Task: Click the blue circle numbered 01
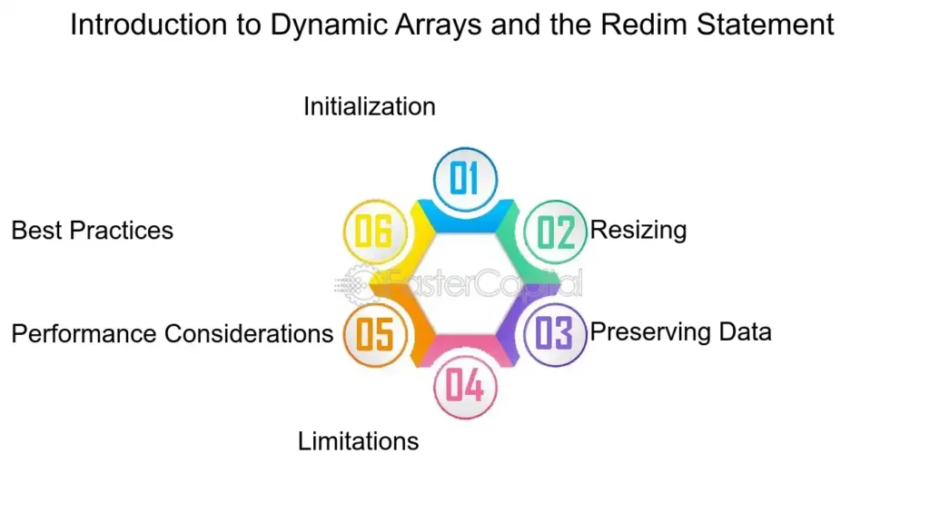pyautogui.click(x=465, y=179)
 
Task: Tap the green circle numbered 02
pyautogui.click(x=556, y=232)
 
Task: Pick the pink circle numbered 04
pyautogui.click(x=465, y=388)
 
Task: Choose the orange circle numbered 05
pyautogui.click(x=374, y=334)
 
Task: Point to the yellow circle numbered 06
pyautogui.click(x=374, y=232)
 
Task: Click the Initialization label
pyautogui.click(x=369, y=107)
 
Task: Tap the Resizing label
pyautogui.click(x=638, y=230)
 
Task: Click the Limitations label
pyautogui.click(x=358, y=442)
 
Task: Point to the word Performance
pyautogui.click(x=84, y=334)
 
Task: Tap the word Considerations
pyautogui.click(x=249, y=334)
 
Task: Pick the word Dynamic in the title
pyautogui.click(x=329, y=25)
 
